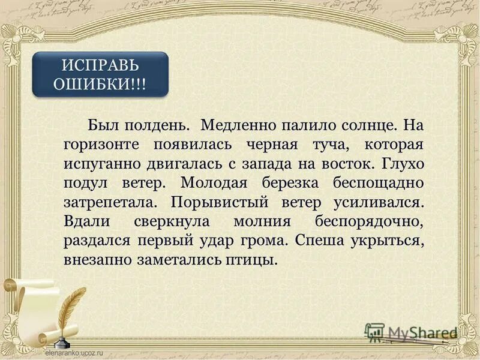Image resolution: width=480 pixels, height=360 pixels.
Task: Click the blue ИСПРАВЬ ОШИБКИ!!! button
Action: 100,74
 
